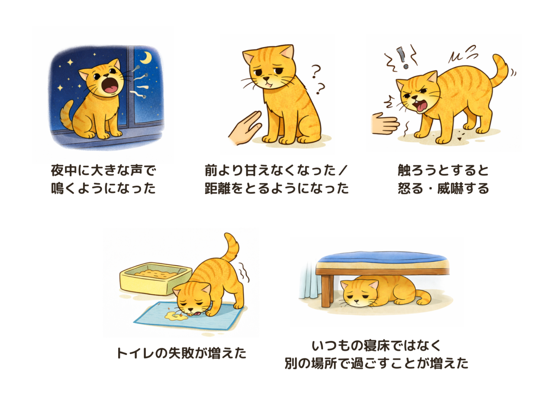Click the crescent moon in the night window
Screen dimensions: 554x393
(147, 58)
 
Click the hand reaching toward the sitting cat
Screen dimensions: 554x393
(245, 128)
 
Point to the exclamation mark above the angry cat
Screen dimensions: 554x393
(402, 58)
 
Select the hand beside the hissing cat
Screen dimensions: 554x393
(385, 124)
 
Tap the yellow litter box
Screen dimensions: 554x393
(156, 278)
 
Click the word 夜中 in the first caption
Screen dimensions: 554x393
(64, 171)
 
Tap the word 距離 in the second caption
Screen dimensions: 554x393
(218, 188)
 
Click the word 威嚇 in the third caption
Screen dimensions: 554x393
(450, 188)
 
